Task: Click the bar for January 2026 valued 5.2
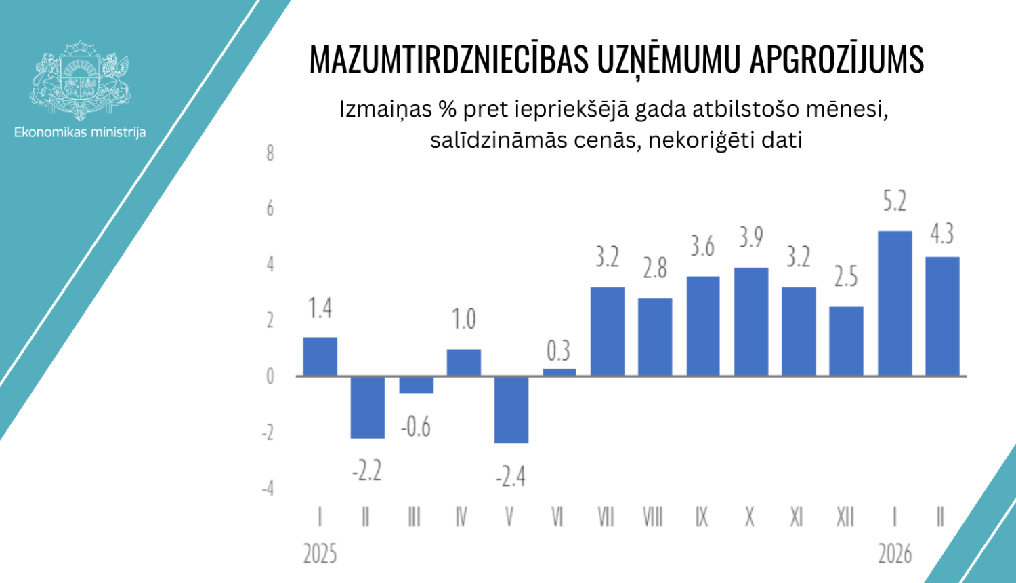895,304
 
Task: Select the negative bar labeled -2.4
511,409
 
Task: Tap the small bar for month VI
559,372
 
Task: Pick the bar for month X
751,322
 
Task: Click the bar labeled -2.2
368,407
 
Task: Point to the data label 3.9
751,238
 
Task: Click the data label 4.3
942,234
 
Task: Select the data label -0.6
415,427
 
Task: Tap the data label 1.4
320,309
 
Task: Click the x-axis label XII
845,518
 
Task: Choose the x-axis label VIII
653,518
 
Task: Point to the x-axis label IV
462,518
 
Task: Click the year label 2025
320,554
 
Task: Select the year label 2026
895,554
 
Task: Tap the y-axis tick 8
270,153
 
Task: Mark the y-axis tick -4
268,489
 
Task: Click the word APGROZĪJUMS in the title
836,60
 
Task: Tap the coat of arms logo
80,80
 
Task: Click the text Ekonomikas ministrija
80,132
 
